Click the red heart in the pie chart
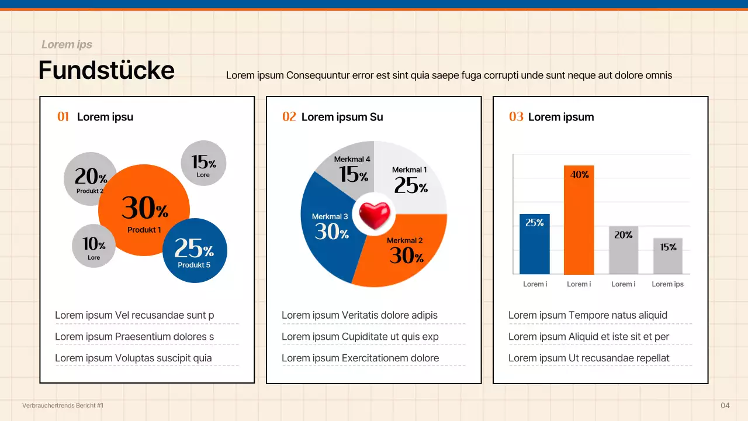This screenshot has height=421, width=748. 374,215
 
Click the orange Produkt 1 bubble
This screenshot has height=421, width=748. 144,210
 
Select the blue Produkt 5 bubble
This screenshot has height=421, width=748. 195,251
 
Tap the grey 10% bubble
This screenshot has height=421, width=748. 93,246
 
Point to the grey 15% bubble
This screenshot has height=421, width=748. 203,163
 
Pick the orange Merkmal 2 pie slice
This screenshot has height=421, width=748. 403,251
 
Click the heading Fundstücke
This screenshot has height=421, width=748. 106,70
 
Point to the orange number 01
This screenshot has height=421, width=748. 63,117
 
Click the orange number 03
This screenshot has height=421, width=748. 516,117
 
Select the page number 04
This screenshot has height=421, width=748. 725,406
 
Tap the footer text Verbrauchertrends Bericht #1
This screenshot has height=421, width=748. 63,405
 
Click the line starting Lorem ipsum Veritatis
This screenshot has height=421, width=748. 359,315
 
